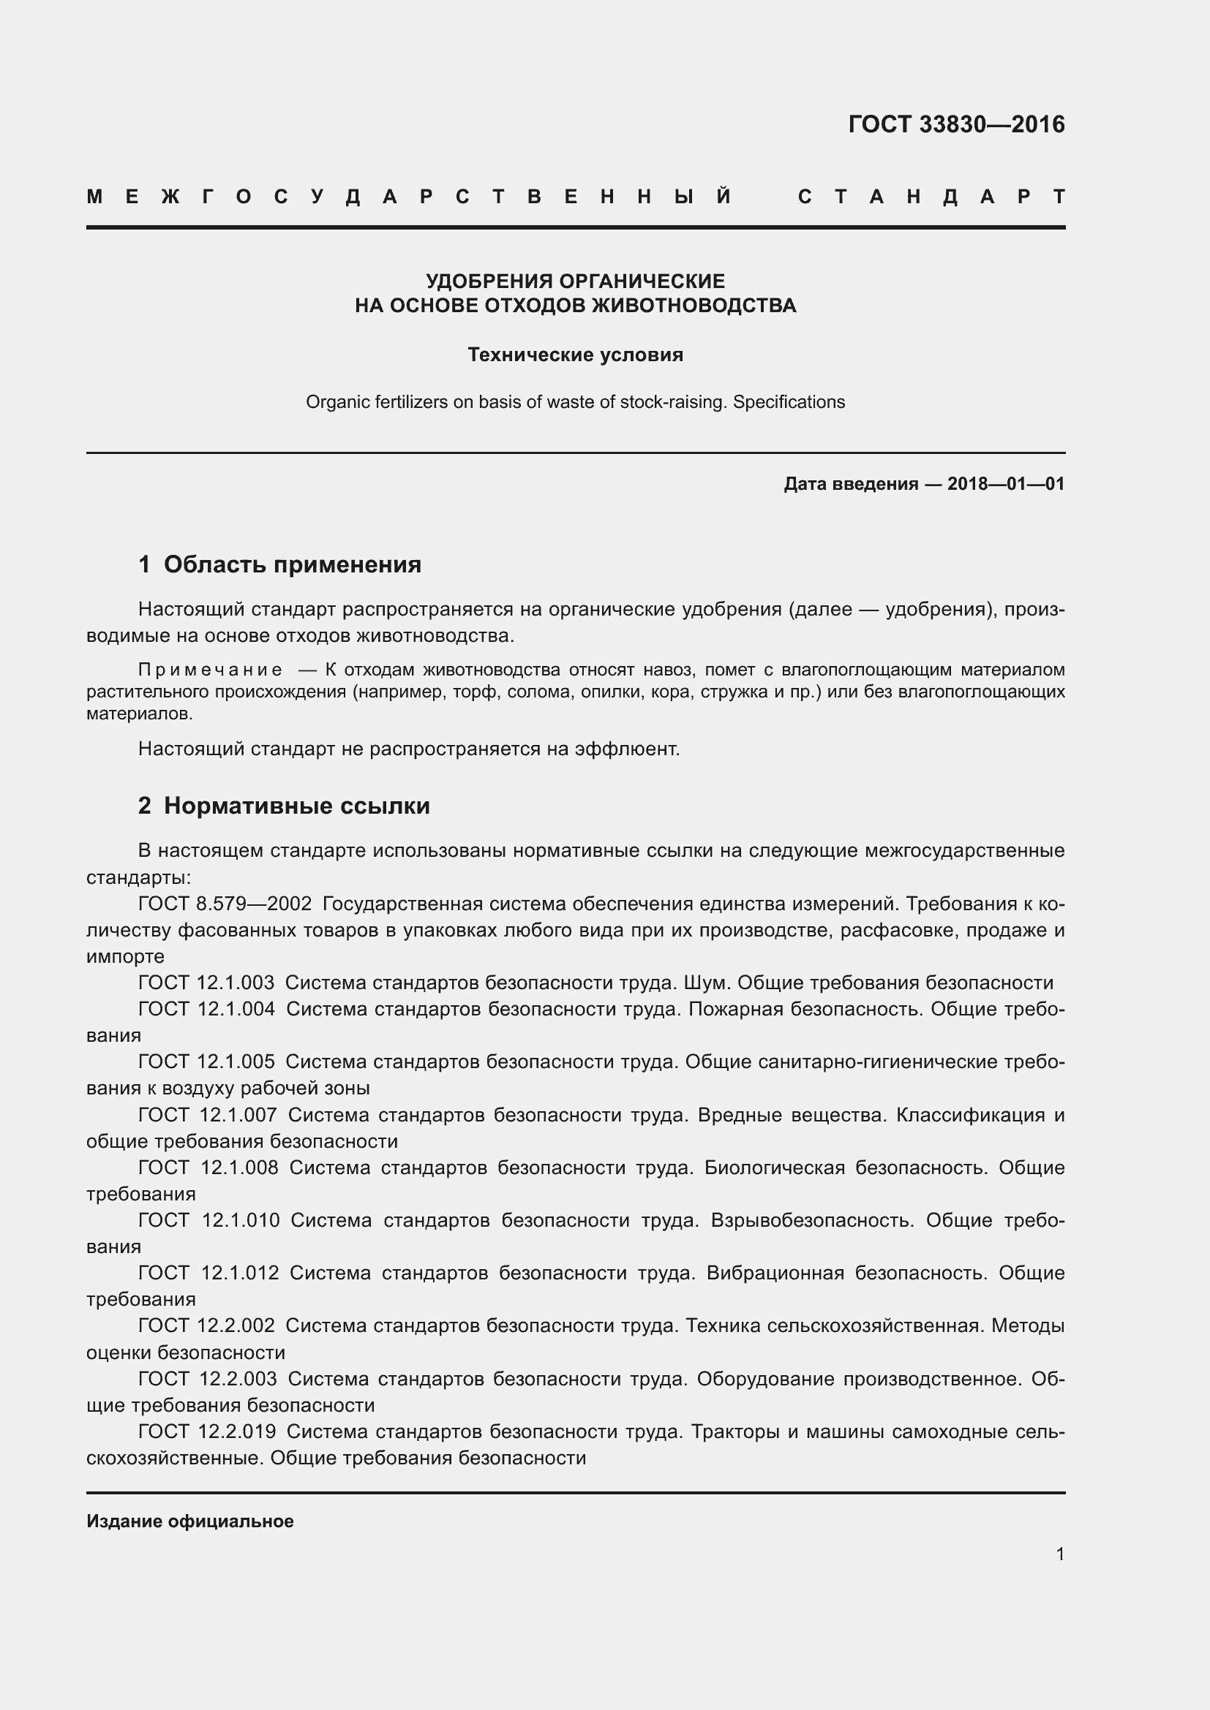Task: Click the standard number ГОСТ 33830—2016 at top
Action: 956,124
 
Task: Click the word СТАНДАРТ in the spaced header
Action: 931,197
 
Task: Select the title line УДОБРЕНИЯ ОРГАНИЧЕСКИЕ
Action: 575,281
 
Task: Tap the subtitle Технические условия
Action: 575,355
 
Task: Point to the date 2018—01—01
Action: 1005,484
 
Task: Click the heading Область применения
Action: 292,564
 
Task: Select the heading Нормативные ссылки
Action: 296,806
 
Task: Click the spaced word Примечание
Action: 210,670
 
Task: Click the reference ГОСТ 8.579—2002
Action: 225,904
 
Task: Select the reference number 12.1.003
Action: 236,983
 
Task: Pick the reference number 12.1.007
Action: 238,1115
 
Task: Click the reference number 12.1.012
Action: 239,1273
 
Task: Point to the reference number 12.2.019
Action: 238,1431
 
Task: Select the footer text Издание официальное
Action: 190,1521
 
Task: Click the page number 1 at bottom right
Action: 1059,1554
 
